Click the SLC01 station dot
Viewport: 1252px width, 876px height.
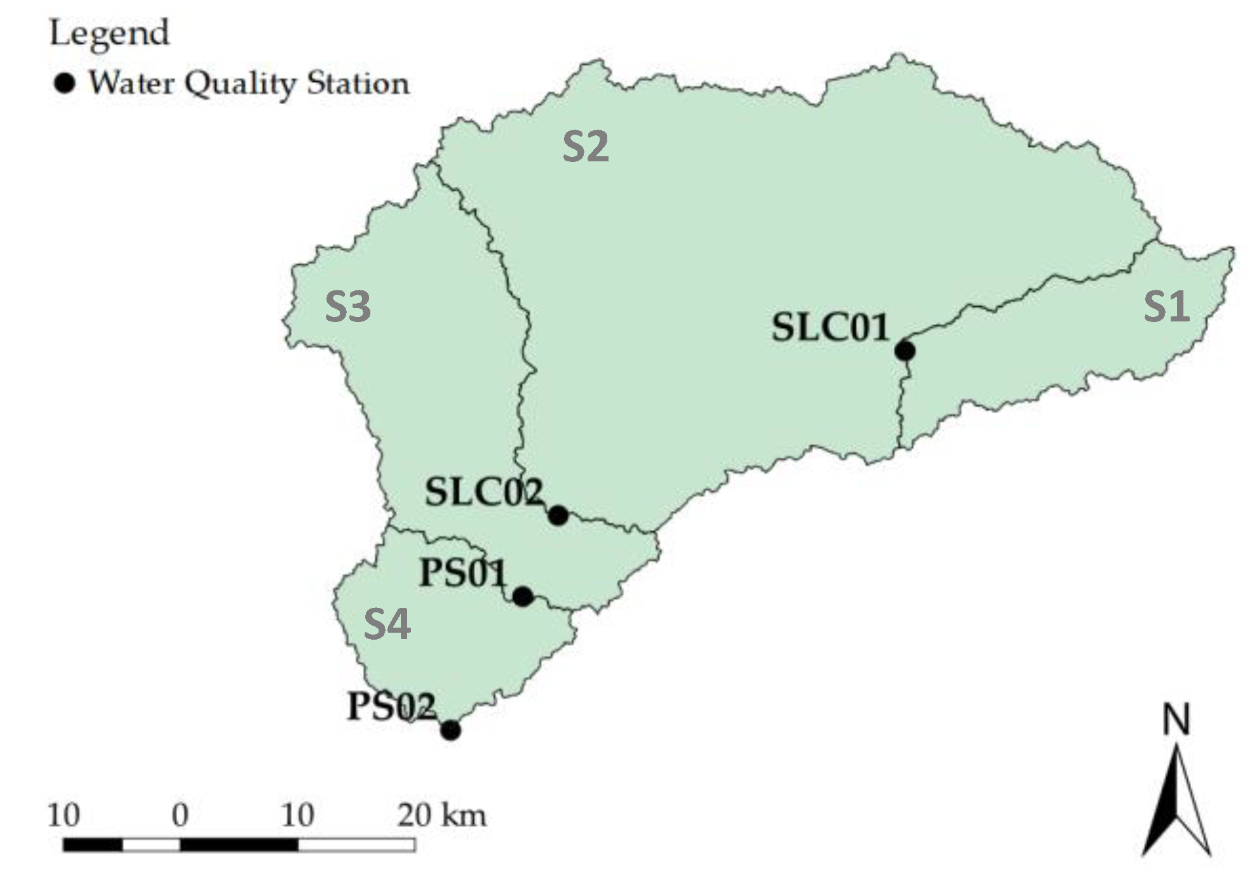pyautogui.click(x=905, y=350)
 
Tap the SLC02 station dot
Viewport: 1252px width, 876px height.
pyautogui.click(x=558, y=515)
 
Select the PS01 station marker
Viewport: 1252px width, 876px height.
pyautogui.click(x=522, y=596)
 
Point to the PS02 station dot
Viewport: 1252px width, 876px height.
pyautogui.click(x=450, y=730)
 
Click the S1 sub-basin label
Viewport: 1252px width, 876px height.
pyautogui.click(x=1166, y=306)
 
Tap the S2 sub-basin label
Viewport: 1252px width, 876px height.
pyautogui.click(x=585, y=147)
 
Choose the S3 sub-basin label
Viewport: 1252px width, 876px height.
pyautogui.click(x=347, y=307)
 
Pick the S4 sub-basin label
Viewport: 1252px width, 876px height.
pyautogui.click(x=387, y=623)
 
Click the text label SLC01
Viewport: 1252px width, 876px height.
pyautogui.click(x=830, y=328)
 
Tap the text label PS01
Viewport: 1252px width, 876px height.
pyautogui.click(x=463, y=573)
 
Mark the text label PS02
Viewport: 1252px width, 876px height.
pyautogui.click(x=391, y=706)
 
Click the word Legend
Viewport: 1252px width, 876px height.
pyautogui.click(x=110, y=33)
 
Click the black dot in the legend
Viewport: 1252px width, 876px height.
pyautogui.click(x=64, y=83)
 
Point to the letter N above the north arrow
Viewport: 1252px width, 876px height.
pyautogui.click(x=1176, y=721)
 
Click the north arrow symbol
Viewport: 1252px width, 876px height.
pyautogui.click(x=1176, y=804)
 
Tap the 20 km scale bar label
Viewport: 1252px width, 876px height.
pyautogui.click(x=442, y=815)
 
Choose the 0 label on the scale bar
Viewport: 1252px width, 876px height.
pyautogui.click(x=180, y=815)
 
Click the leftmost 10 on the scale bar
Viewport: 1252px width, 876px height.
pyautogui.click(x=64, y=815)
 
